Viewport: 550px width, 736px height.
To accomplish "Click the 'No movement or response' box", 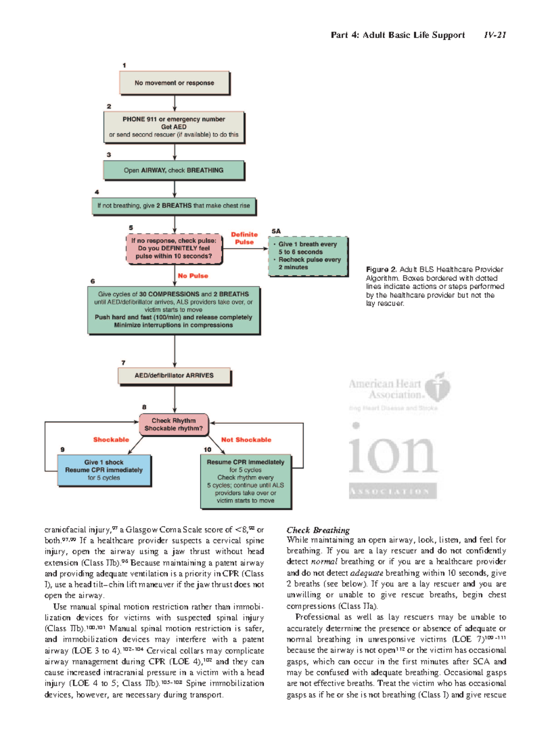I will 174,83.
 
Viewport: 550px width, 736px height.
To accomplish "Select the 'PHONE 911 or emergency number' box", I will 174,127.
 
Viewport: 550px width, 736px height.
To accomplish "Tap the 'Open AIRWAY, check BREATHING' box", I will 174,170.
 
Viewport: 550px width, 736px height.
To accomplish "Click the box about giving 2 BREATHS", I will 174,206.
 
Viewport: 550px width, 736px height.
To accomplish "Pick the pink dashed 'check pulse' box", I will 174,248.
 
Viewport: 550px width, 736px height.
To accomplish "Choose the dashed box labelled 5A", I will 308,256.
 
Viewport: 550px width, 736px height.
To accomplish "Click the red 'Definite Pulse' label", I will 244,238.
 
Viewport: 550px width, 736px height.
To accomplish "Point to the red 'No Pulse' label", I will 193,276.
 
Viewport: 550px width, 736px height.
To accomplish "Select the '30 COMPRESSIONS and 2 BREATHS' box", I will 174,310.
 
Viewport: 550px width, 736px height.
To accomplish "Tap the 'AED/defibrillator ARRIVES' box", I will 174,376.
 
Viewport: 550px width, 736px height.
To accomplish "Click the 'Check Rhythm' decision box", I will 174,424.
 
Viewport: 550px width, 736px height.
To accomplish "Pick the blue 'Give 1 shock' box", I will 104,470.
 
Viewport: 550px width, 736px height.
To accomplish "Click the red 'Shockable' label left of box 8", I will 111,440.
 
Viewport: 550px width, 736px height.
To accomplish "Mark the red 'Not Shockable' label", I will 246,440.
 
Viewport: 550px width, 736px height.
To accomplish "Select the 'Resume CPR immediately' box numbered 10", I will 246,481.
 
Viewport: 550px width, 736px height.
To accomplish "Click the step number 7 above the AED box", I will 123,363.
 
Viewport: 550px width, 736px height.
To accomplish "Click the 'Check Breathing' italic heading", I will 318,530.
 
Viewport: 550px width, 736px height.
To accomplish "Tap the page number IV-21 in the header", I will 495,35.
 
